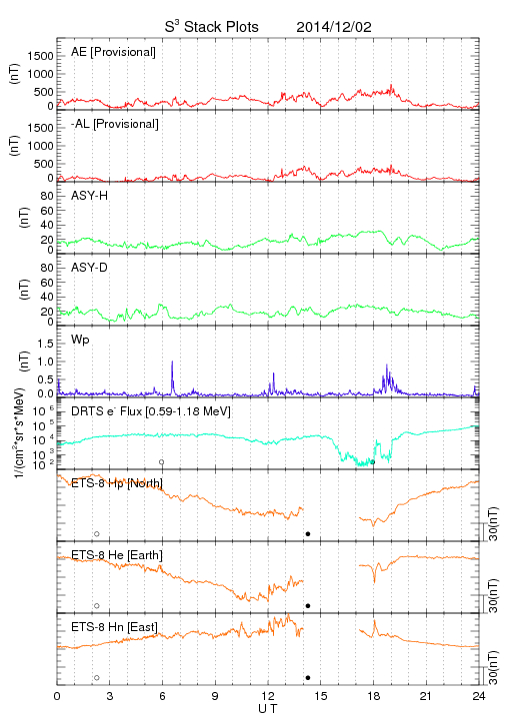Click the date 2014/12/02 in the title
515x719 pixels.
click(x=334, y=27)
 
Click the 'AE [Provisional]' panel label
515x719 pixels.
click(x=113, y=52)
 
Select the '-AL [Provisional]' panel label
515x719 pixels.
click(x=115, y=124)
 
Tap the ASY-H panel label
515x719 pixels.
click(x=89, y=196)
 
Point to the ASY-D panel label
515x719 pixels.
click(x=89, y=268)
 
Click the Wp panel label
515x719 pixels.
click(x=80, y=340)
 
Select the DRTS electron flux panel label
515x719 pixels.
click(x=151, y=411)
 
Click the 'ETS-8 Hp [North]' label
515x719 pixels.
click(x=117, y=483)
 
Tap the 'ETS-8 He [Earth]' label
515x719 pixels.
click(x=117, y=555)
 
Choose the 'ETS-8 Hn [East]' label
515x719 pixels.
click(x=114, y=627)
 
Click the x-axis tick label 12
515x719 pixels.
click(x=268, y=696)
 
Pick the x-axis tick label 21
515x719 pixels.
click(x=426, y=696)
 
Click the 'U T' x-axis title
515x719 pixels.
click(x=268, y=709)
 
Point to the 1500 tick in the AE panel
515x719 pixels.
click(x=40, y=56)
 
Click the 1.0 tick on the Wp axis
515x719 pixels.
click(x=45, y=361)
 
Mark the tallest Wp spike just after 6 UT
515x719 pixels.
click(x=172, y=361)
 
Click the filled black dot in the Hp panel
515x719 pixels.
click(x=308, y=533)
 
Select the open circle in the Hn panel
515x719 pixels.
click(x=96, y=678)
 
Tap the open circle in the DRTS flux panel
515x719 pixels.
click(x=162, y=461)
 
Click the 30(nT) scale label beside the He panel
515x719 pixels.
click(x=493, y=595)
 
